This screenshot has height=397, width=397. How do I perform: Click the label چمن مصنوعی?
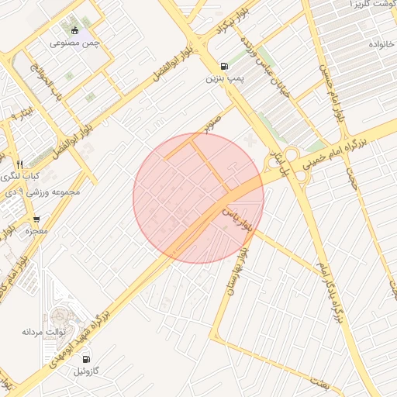[x=75, y=43]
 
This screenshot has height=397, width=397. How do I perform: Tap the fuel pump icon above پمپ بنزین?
[x=224, y=66]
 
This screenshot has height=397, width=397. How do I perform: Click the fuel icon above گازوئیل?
[x=86, y=359]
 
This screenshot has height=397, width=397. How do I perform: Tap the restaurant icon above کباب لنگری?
[x=20, y=164]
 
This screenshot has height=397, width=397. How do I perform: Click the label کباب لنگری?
[x=20, y=176]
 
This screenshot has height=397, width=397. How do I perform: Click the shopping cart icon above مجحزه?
[x=36, y=219]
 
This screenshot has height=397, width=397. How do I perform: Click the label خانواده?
[x=381, y=41]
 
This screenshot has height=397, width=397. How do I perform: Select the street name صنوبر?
[x=213, y=123]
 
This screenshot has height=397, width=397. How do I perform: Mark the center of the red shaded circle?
[x=198, y=198]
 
